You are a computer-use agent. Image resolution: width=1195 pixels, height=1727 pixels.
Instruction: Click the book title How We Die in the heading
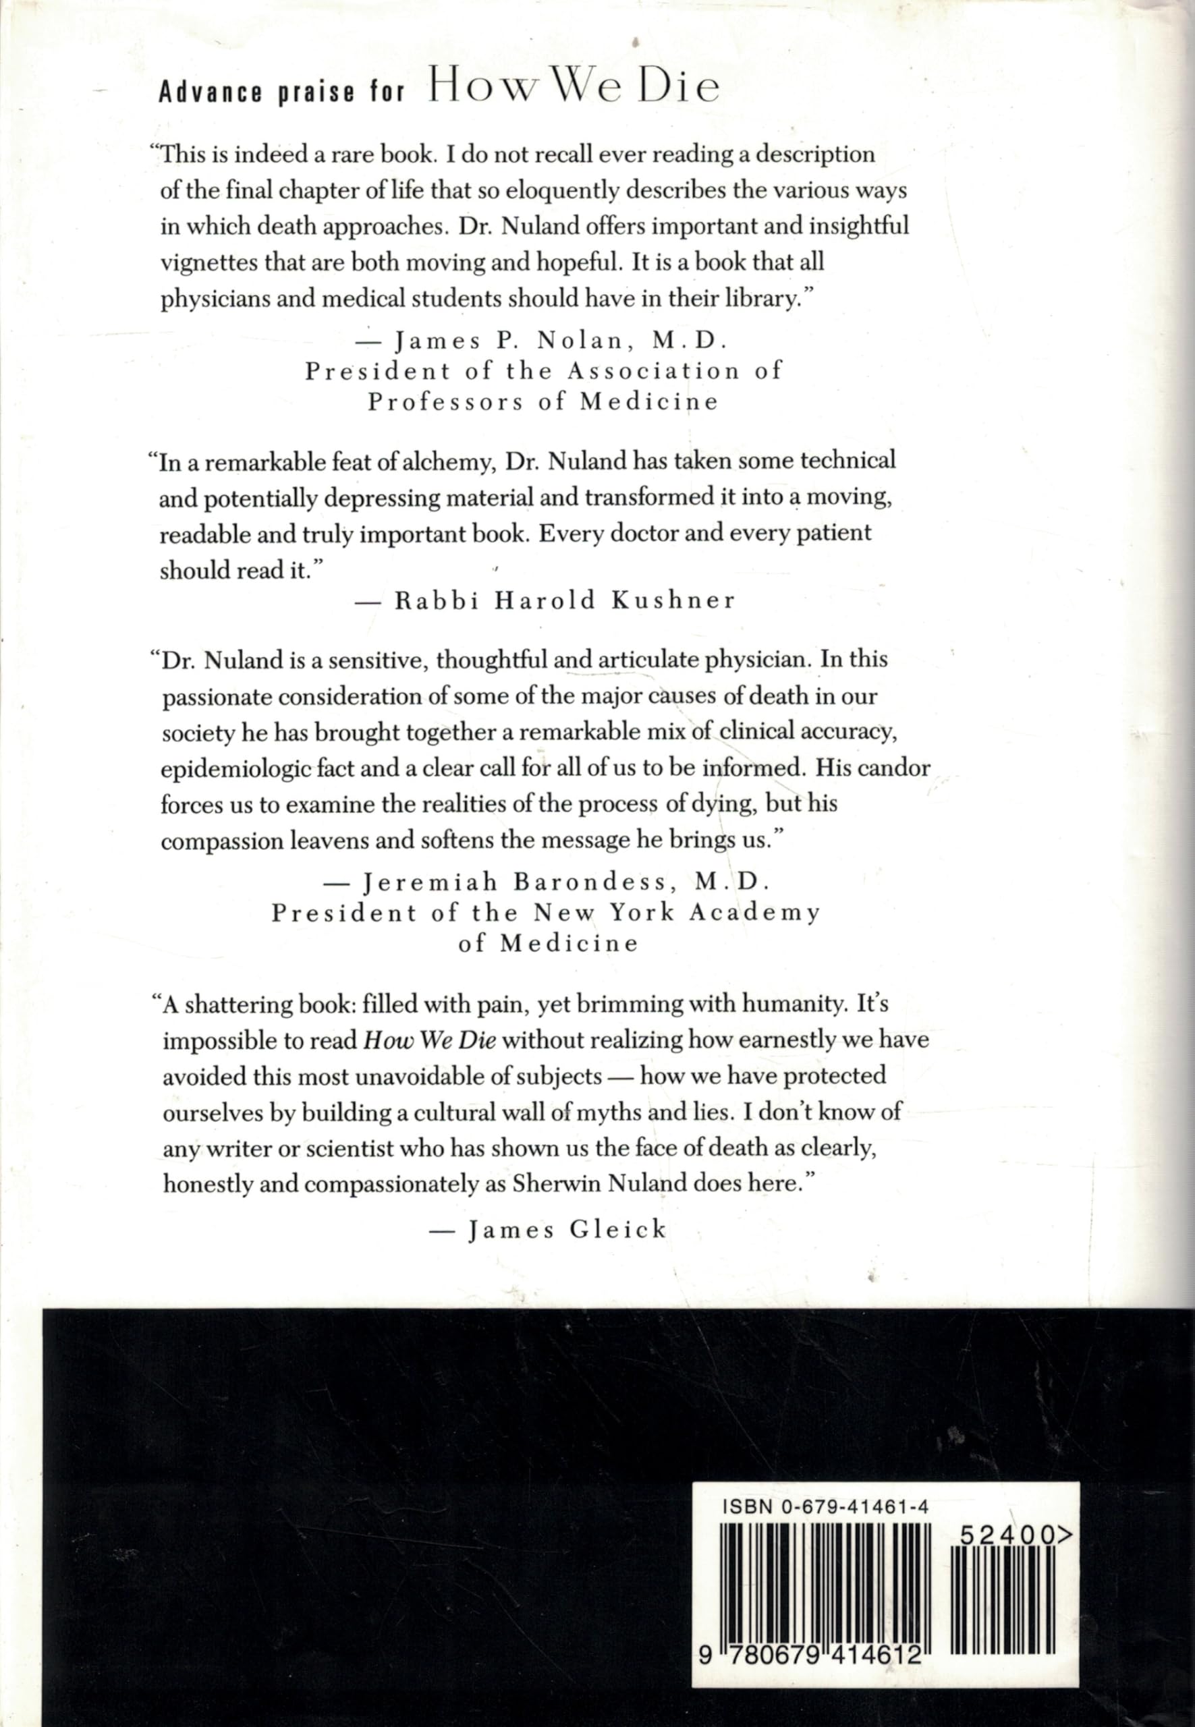pyautogui.click(x=574, y=89)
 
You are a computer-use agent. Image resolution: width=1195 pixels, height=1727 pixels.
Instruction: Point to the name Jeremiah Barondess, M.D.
pyautogui.click(x=567, y=882)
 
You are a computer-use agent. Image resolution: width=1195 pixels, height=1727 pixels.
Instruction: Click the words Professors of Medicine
pyautogui.click(x=543, y=402)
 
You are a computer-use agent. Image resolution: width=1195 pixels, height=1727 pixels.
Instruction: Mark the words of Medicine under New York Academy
pyautogui.click(x=549, y=943)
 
